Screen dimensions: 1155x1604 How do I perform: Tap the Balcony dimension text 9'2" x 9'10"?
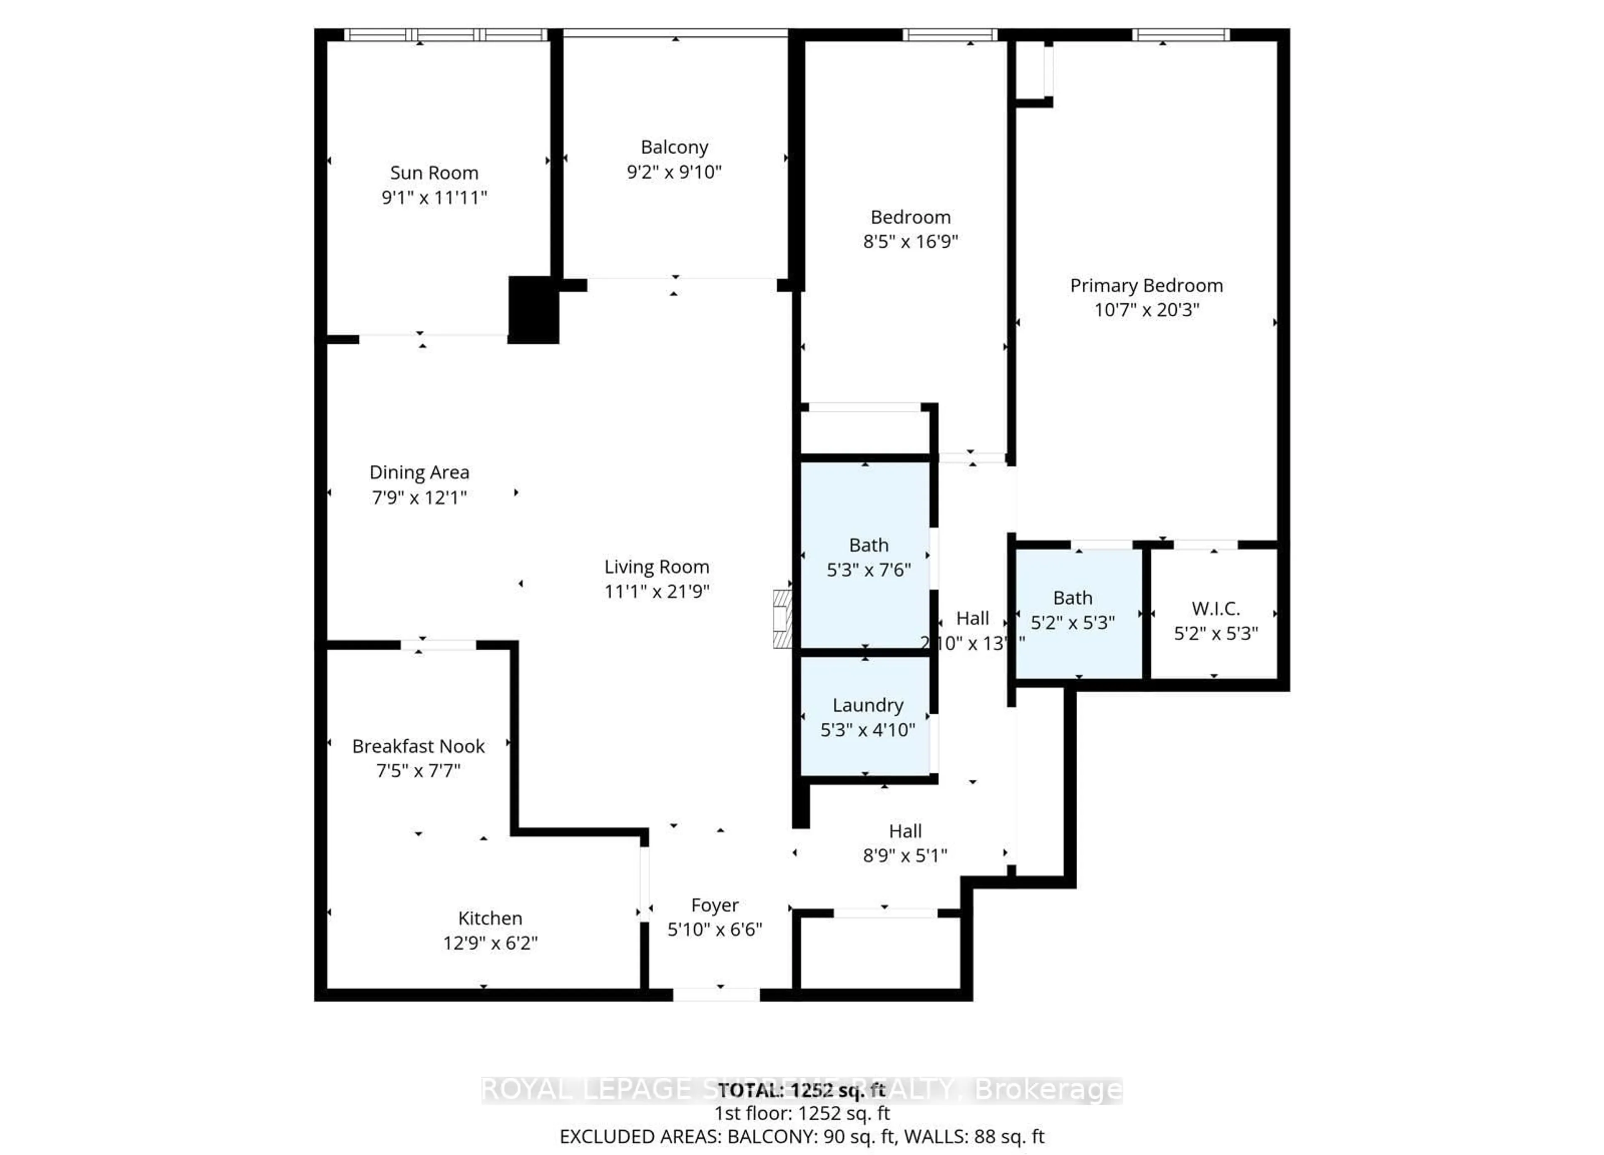click(674, 172)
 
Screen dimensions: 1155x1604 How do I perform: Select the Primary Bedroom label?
click(1146, 286)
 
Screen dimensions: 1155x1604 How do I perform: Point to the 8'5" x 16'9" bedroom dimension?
click(910, 241)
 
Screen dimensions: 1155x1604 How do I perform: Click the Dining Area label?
click(419, 472)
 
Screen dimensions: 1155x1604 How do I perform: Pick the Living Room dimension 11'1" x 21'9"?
click(656, 591)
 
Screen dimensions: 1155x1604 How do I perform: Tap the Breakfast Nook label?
click(419, 746)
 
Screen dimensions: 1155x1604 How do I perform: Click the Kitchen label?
click(490, 918)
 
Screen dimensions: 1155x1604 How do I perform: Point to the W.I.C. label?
click(1216, 608)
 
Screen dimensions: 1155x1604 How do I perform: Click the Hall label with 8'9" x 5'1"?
click(905, 831)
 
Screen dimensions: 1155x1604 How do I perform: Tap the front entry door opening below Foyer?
click(716, 995)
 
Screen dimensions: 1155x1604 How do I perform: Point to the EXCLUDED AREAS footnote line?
click(801, 1137)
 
